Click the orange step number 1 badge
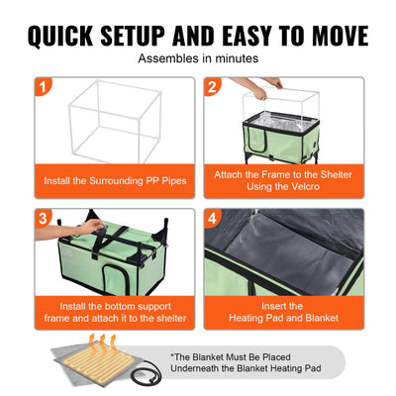click(x=43, y=86)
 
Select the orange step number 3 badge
click(x=43, y=218)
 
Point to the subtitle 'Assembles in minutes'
click(x=198, y=59)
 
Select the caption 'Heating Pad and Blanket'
click(x=283, y=318)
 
